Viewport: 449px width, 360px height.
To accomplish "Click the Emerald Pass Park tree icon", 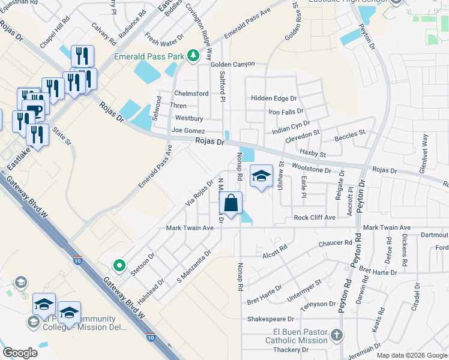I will pyautogui.click(x=193, y=56).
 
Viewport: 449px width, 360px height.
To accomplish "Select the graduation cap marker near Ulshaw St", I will pyautogui.click(x=261, y=176).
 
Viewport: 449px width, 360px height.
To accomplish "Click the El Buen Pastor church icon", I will pyautogui.click(x=337, y=334).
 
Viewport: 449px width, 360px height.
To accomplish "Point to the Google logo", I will pyautogui.click(x=20, y=353).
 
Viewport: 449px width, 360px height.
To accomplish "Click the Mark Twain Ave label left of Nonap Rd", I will pyautogui.click(x=190, y=228).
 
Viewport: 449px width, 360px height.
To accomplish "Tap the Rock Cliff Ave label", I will pyautogui.click(x=314, y=217).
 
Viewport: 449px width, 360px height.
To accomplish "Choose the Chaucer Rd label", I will pyautogui.click(x=327, y=242).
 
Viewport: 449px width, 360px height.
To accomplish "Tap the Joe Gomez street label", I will pyautogui.click(x=188, y=130).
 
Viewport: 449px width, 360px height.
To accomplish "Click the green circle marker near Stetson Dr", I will pyautogui.click(x=119, y=264).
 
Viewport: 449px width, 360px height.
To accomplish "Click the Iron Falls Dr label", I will pyautogui.click(x=286, y=112).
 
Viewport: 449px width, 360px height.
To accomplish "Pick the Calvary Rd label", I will pyautogui.click(x=104, y=35).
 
